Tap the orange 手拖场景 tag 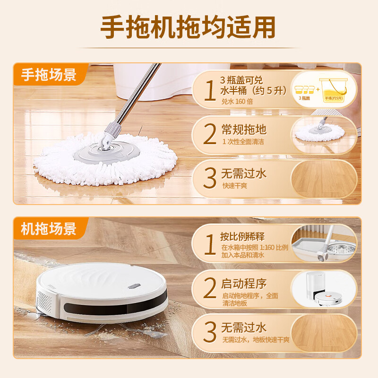pyautogui.click(x=49, y=74)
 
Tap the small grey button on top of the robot pyautogui.click(x=136, y=285)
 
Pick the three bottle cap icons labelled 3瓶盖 pyautogui.click(x=304, y=89)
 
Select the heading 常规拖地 pyautogui.click(x=244, y=129)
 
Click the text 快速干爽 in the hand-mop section pyautogui.click(x=235, y=186)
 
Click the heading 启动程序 pyautogui.click(x=244, y=283)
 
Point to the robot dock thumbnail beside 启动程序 pyautogui.click(x=324, y=289)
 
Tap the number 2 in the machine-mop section pyautogui.click(x=209, y=289)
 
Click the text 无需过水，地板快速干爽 pyautogui.click(x=256, y=340)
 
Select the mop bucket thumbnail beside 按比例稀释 pyautogui.click(x=324, y=243)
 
